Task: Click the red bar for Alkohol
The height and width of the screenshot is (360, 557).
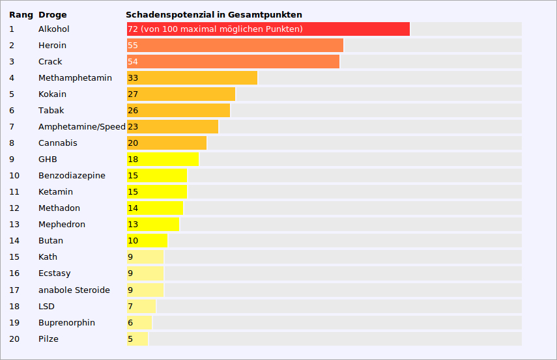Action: point(268,29)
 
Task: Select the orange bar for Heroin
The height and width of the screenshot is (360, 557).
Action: point(235,46)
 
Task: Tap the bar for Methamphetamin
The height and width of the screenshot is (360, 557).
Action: point(192,78)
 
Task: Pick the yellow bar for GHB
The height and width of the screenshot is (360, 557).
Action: point(163,159)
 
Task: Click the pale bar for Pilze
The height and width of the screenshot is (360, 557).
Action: point(137,339)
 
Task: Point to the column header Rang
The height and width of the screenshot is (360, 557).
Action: point(21,14)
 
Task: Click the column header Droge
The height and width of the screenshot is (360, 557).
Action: point(52,14)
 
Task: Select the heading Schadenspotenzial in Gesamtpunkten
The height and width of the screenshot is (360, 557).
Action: point(214,14)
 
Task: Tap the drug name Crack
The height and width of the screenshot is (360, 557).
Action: point(50,62)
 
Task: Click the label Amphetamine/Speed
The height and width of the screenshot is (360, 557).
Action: point(81,127)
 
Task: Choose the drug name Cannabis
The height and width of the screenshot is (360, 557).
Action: point(57,143)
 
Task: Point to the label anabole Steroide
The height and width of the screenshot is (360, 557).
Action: point(74,290)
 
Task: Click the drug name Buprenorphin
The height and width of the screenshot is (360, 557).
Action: point(66,323)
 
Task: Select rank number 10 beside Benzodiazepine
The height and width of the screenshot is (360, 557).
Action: point(14,176)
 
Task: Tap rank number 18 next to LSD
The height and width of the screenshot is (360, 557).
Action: point(14,307)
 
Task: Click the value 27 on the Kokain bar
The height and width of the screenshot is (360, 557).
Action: point(133,94)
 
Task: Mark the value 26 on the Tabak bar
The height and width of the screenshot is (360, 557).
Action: point(133,111)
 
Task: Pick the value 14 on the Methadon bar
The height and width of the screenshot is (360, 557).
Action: point(133,208)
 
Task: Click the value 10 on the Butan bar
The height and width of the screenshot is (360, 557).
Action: point(133,241)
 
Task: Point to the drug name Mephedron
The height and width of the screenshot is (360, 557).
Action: point(62,225)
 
